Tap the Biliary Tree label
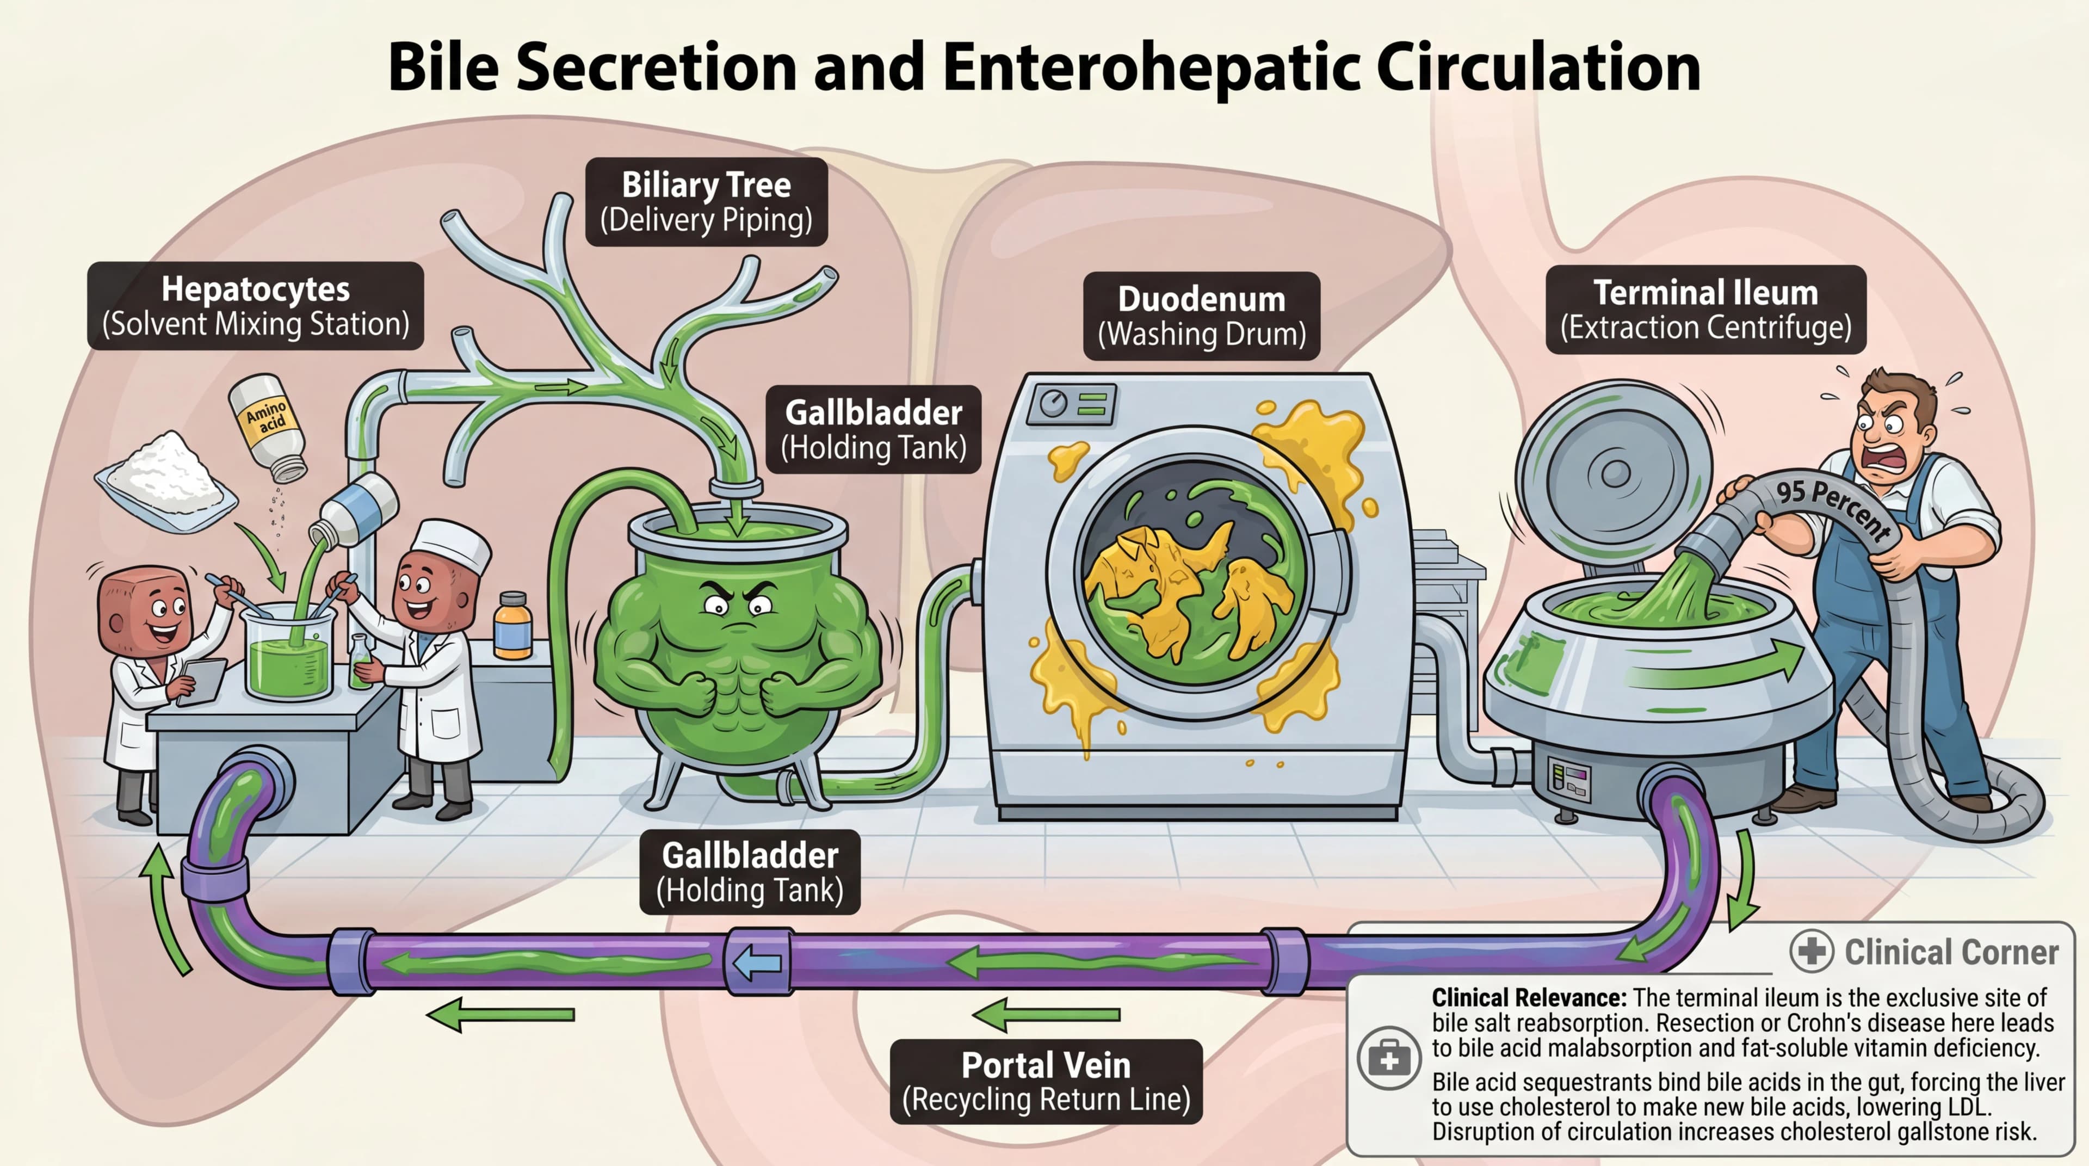(706, 202)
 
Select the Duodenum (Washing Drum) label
(1201, 316)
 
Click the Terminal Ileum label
(1705, 309)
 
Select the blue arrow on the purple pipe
(757, 963)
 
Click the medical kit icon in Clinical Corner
(1388, 1059)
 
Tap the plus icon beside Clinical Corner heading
(1811, 951)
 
